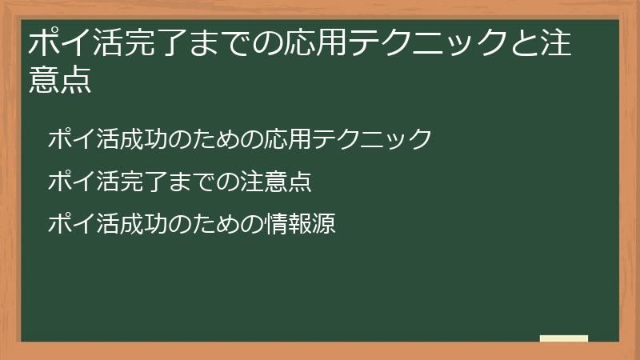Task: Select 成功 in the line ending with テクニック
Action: pyautogui.click(x=131, y=138)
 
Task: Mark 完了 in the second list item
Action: pyautogui.click(x=131, y=181)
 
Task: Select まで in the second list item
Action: pyautogui.click(x=183, y=181)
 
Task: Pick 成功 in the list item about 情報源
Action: pyautogui.click(x=131, y=223)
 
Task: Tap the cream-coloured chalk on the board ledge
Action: pyautogui.click(x=564, y=339)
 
